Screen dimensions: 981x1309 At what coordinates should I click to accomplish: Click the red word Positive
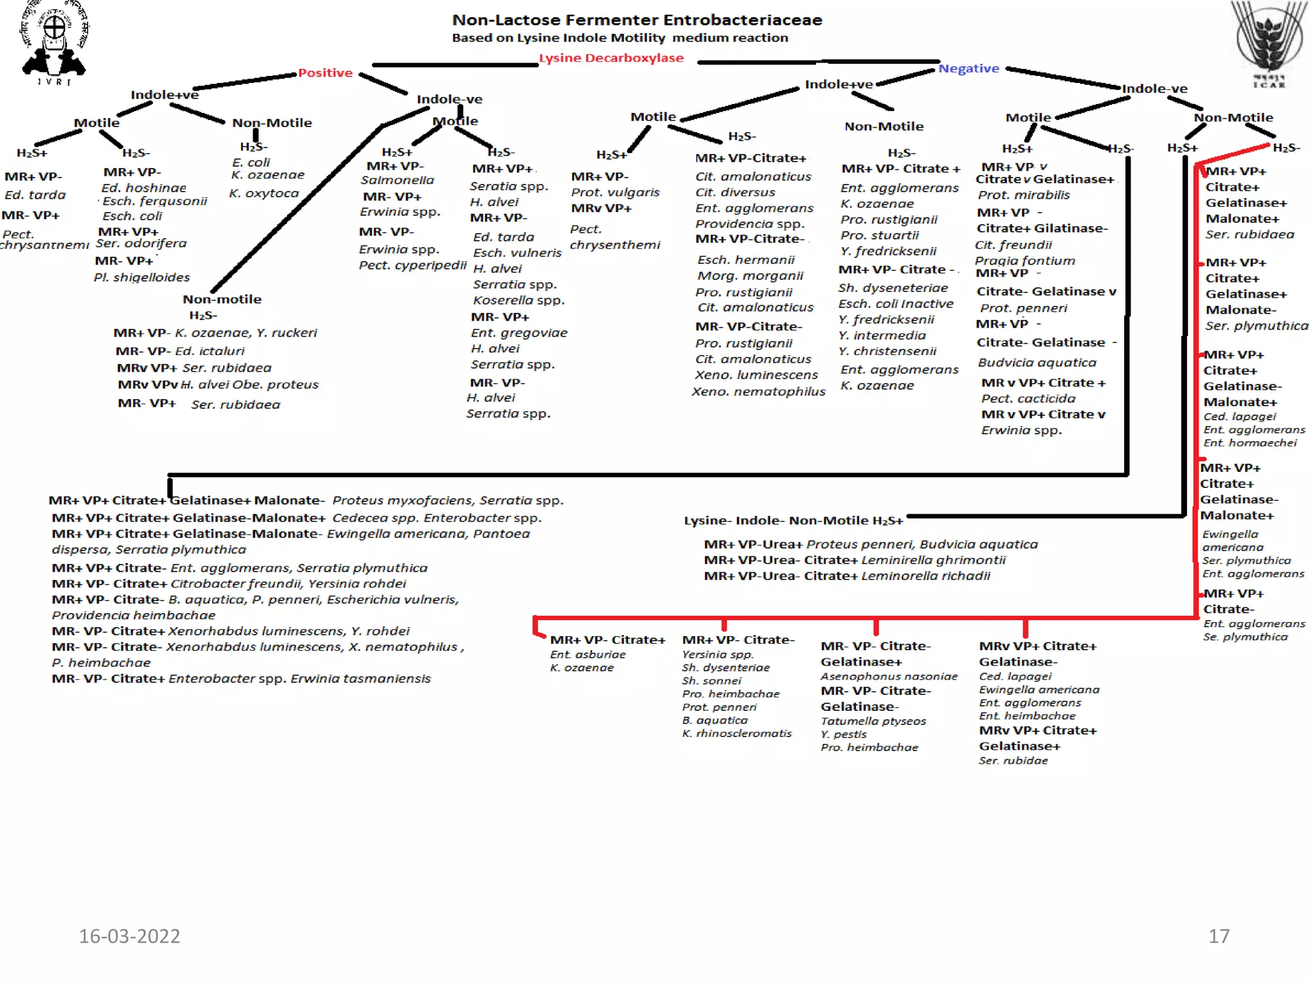[x=325, y=73]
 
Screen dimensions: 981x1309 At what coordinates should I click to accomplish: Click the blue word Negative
[x=968, y=68]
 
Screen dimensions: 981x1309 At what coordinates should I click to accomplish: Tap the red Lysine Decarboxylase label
[x=611, y=58]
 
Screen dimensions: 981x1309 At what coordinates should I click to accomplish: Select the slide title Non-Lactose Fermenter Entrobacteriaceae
[x=637, y=20]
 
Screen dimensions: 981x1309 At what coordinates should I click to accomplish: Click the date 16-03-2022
[x=130, y=936]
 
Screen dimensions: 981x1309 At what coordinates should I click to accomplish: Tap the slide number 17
[x=1219, y=936]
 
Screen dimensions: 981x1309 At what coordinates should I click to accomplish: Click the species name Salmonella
[x=397, y=181]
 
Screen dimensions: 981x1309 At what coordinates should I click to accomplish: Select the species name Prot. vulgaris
[x=615, y=192]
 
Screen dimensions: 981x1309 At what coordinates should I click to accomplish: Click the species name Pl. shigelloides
[x=142, y=277]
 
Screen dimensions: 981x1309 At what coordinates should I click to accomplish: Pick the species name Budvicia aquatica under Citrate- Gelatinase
[x=1037, y=363]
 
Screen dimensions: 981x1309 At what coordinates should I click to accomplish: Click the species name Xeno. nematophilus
[x=759, y=392]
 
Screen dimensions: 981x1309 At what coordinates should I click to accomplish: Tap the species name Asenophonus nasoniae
[x=889, y=676]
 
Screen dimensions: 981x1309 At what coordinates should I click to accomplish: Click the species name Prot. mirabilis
[x=1023, y=195]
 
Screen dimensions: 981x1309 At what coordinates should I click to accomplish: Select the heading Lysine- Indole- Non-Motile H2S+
[x=793, y=521]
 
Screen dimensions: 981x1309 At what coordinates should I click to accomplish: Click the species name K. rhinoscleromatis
[x=737, y=733]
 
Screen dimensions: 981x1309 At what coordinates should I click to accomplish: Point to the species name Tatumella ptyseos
[x=873, y=721]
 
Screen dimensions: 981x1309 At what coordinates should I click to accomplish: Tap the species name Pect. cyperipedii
[x=412, y=265]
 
